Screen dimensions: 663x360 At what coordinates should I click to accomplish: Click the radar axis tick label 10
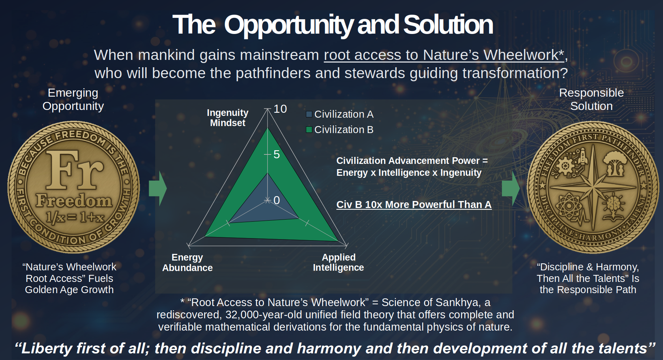point(280,109)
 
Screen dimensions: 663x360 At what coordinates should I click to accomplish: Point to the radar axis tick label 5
point(277,154)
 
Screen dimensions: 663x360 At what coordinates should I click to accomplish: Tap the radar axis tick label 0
point(277,200)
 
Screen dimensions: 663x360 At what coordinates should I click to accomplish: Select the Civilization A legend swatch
point(309,114)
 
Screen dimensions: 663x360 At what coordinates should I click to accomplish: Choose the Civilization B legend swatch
point(309,130)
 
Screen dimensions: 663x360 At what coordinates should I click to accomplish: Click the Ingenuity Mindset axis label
point(228,118)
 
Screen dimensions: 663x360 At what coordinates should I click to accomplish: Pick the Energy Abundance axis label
point(187,263)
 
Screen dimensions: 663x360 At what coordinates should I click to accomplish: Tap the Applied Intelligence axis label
point(339,262)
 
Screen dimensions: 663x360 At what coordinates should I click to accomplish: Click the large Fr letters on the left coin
point(74,169)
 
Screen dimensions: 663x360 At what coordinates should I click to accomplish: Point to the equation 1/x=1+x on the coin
point(75,217)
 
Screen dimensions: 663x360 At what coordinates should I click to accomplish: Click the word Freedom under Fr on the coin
point(74,201)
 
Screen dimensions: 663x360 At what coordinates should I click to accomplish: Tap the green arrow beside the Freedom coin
point(158,188)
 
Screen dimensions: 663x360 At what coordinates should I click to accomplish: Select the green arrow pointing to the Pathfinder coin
point(511,188)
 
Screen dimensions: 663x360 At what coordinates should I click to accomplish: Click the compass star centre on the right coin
point(593,187)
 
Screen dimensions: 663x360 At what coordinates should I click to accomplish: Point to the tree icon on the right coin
point(615,163)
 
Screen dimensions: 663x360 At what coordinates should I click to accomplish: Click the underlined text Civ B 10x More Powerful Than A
point(414,205)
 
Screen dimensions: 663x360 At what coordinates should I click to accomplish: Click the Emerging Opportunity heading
point(73,99)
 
